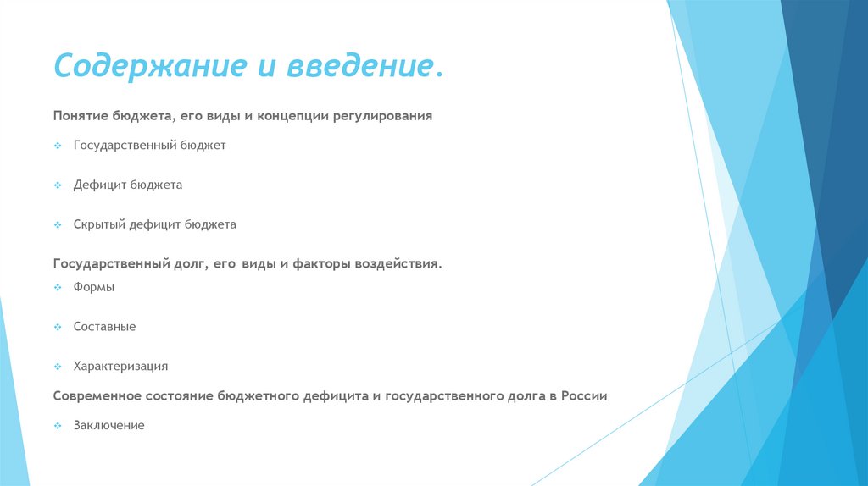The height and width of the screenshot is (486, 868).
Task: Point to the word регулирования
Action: click(389, 115)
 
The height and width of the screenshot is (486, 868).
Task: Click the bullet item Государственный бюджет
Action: click(149, 146)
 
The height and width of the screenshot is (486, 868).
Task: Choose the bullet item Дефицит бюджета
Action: click(127, 185)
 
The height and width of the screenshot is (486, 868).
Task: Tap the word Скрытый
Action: click(99, 224)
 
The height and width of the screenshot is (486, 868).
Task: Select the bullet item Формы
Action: click(93, 287)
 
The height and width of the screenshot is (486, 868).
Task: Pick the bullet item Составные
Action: click(104, 326)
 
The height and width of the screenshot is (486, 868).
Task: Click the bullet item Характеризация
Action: click(120, 366)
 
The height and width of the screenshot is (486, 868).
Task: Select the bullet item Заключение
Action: click(108, 425)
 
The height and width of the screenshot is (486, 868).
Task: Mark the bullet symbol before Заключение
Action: click(58, 426)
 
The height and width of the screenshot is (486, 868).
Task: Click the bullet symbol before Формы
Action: click(58, 288)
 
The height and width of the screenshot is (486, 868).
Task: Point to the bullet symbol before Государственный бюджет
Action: click(58, 146)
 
